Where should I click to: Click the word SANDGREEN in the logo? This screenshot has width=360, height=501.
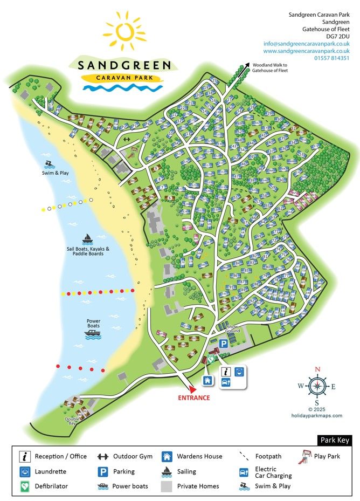point(127,66)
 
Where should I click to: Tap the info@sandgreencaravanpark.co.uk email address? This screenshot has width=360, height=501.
point(307,43)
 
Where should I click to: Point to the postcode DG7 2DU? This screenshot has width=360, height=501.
point(338,36)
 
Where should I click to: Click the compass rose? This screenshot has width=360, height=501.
point(317,386)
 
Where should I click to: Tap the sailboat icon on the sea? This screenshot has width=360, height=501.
point(87,238)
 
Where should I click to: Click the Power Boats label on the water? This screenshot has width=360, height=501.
point(94,324)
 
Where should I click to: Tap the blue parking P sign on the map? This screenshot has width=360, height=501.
point(223,343)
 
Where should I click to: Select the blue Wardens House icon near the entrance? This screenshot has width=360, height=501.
point(206,380)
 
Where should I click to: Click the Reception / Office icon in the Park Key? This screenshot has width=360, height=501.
point(24,456)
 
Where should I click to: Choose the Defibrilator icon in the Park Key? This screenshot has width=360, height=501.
point(24,486)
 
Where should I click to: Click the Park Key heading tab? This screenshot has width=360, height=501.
point(335,440)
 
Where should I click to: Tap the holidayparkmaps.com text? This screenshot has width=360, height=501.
point(317,415)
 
